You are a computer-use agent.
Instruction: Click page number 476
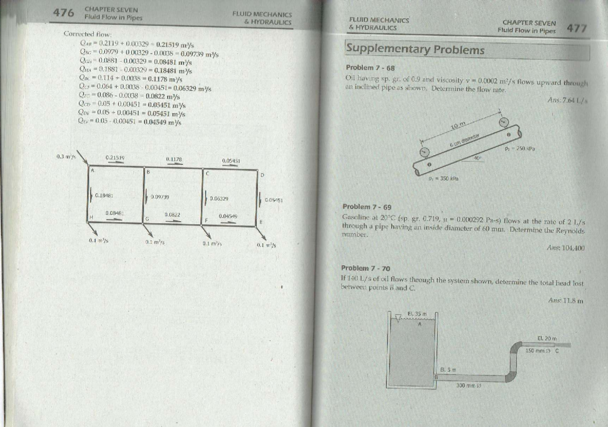click(64, 14)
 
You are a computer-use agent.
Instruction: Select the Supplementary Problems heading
click(415, 50)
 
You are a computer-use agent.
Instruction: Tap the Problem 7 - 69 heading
click(367, 207)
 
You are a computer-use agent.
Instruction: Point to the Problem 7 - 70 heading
click(365, 268)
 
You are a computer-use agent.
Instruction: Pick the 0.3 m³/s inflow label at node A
click(66, 156)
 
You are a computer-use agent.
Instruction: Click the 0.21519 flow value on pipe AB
click(116, 157)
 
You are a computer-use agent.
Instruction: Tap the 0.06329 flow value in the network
click(219, 199)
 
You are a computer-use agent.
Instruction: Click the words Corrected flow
click(83, 34)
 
